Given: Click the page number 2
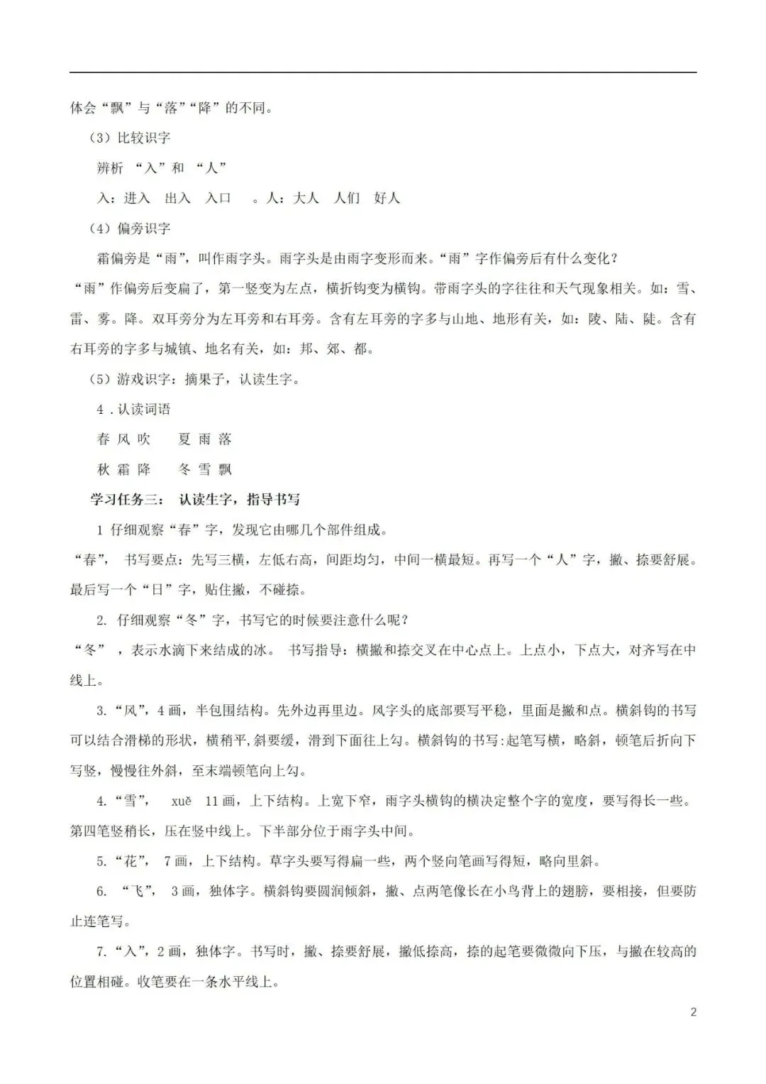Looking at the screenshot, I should tap(693, 1012).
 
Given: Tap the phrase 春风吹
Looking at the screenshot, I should tap(124, 439).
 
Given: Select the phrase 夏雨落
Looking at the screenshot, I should tap(205, 439).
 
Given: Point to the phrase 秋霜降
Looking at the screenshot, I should tap(124, 469).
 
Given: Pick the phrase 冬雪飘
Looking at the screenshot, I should tap(205, 469).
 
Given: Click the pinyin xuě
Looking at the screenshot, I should tap(181, 801).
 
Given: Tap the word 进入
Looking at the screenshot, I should tap(137, 198).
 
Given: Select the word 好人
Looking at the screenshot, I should tap(387, 198).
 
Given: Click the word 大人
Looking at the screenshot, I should tap(306, 198).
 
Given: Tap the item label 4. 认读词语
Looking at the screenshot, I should tap(134, 410).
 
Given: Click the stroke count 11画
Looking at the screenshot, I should tap(220, 801).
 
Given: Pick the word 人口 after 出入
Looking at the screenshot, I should tap(218, 198).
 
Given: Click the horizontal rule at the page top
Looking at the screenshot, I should tap(383, 72).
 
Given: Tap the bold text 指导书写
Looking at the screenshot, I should tap(273, 500).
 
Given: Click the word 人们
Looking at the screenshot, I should tap(347, 198).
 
